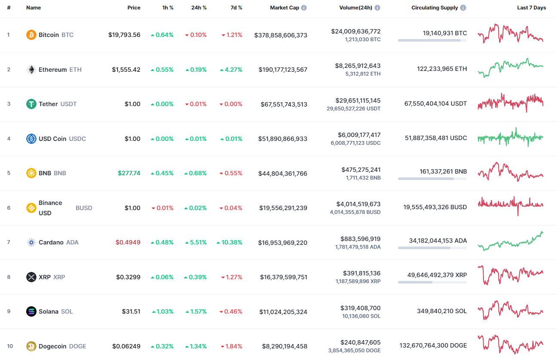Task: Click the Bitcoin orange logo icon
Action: tap(31, 35)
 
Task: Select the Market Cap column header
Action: tap(284, 8)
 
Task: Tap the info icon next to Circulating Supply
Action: tap(463, 8)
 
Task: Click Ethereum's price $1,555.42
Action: tap(126, 70)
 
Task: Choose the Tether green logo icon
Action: tap(31, 104)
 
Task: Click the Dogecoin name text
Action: tap(52, 346)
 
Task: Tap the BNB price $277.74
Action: tap(129, 173)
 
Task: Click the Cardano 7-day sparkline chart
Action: tap(510, 241)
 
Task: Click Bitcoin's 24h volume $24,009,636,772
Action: tap(355, 31)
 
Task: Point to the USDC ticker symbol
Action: tap(77, 139)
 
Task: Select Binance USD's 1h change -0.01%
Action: tap(162, 208)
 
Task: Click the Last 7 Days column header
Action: tap(531, 8)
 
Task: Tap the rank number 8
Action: tap(9, 277)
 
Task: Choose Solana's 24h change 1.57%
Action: tap(196, 311)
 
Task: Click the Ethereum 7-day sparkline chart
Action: tap(510, 68)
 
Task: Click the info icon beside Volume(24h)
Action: tap(377, 8)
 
